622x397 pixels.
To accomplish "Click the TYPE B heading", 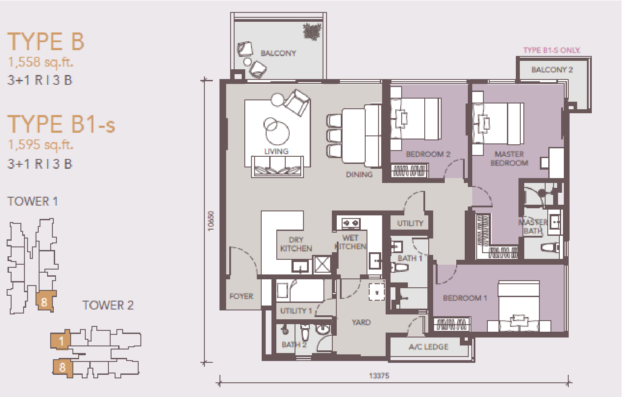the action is [45, 42].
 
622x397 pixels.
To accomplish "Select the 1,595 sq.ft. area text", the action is [40, 144].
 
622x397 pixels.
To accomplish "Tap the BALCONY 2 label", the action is [552, 70].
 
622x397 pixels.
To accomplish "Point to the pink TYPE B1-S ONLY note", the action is [551, 50].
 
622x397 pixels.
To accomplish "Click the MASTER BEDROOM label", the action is [509, 158].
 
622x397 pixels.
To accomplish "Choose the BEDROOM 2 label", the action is [428, 154].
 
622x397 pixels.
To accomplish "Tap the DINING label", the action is [359, 175].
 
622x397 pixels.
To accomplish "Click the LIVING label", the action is [276, 151].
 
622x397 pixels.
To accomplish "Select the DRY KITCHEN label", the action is [296, 244].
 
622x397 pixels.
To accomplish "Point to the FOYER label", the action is [241, 296].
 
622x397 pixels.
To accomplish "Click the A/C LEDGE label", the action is [428, 347].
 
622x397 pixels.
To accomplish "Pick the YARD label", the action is [361, 322].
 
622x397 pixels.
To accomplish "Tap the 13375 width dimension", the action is [379, 376].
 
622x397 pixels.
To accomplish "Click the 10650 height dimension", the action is [211, 221].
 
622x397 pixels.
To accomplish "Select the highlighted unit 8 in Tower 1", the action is [46, 301].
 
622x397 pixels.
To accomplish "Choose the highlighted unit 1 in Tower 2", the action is [60, 340].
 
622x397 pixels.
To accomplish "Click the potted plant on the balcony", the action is [312, 32].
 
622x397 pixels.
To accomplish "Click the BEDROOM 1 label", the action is [465, 298].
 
